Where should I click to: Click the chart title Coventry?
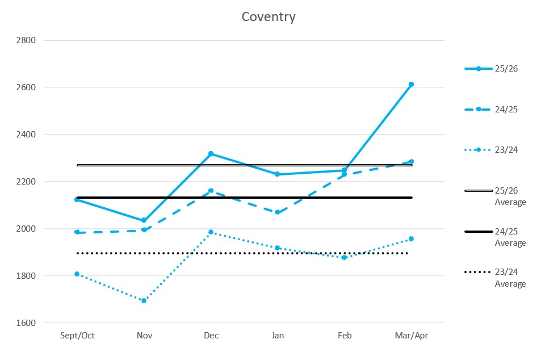tap(268, 17)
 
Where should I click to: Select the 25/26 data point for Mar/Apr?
tap(411, 84)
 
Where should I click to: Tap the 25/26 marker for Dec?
tap(211, 154)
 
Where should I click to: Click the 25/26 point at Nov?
tap(144, 220)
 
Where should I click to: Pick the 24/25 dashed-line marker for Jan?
tap(278, 212)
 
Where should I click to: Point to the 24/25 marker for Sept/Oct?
tap(77, 232)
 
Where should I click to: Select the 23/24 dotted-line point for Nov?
tap(144, 301)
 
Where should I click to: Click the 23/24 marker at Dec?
tap(211, 232)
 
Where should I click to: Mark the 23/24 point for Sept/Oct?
tap(77, 274)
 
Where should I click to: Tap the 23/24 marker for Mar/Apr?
tap(411, 238)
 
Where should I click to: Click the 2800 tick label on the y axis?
tap(26, 40)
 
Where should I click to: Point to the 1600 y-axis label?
tap(26, 323)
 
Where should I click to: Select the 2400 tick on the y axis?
tap(26, 135)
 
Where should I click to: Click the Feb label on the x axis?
tap(345, 336)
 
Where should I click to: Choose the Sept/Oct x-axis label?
tap(77, 336)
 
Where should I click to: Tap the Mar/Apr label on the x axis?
tap(412, 336)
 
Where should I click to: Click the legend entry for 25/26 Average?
tap(495, 196)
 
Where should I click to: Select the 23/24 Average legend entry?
tap(495, 278)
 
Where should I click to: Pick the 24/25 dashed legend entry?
tap(491, 110)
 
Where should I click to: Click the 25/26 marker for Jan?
tap(278, 174)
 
